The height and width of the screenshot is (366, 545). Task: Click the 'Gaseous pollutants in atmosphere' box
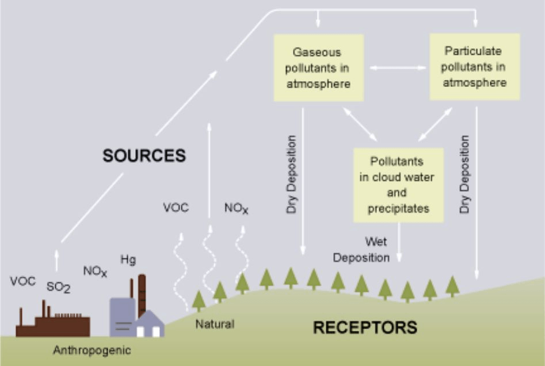coord(319,68)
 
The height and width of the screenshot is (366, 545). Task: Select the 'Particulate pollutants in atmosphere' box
coord(475,67)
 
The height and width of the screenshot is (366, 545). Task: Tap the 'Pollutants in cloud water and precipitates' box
coord(398,185)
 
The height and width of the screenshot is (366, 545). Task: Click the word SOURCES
coord(144,155)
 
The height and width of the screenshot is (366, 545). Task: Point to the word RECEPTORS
coord(365,327)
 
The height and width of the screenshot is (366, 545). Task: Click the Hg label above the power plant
coord(128,260)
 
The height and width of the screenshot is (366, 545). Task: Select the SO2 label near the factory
coord(58,287)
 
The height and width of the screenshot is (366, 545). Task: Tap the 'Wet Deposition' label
coord(361,250)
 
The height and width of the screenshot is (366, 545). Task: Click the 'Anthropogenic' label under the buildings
coord(92,350)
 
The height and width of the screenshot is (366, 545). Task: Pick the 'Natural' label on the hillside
coord(215,324)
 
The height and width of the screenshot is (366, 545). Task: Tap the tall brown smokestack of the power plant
coord(142,295)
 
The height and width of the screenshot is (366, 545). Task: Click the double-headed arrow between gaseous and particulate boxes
coord(398,68)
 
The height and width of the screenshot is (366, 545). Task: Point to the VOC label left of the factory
coord(22,281)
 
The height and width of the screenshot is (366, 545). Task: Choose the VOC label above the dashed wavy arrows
coord(176,208)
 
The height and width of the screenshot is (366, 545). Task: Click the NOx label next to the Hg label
coord(95,271)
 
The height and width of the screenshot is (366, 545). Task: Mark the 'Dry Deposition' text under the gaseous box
coord(291,174)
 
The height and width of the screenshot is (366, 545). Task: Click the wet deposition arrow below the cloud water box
coord(399,242)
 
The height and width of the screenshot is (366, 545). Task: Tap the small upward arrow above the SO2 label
coord(56,260)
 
